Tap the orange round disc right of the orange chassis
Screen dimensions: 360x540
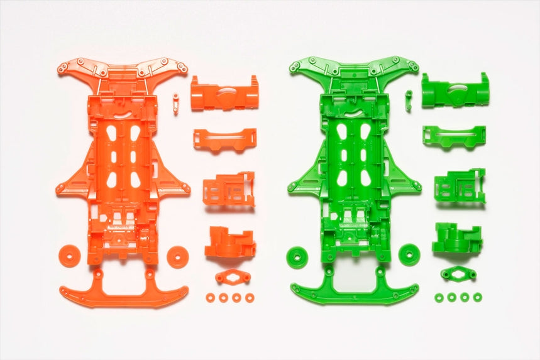pos(178,256)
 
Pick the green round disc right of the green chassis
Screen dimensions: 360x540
pos(409,254)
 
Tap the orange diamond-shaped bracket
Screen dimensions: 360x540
pos(233,277)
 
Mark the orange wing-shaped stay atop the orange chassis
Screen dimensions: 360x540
pos(123,68)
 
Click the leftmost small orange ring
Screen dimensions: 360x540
pos(210,297)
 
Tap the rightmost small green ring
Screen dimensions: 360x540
pos(478,297)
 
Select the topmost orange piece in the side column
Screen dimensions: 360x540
pos(224,93)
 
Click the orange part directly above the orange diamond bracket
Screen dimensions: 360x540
pos(229,242)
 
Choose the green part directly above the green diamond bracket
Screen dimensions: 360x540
pos(457,238)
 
